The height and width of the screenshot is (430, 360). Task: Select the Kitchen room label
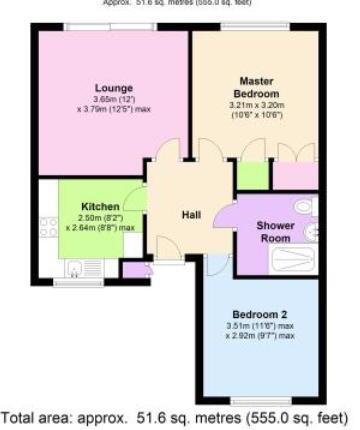100,207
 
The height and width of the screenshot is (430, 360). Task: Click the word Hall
193,215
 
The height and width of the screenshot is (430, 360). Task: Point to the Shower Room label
275,232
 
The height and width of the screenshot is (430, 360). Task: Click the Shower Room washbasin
313,233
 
